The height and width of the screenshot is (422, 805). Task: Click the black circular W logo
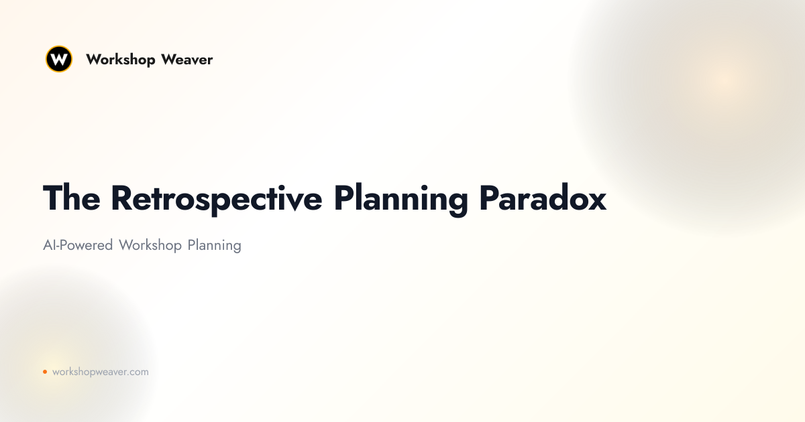coord(59,59)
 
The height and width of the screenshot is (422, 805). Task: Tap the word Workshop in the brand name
coord(120,60)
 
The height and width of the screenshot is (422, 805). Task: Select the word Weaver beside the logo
coord(187,60)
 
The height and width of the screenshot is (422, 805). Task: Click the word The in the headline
coord(72,198)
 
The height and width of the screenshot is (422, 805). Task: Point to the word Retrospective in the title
coord(217,200)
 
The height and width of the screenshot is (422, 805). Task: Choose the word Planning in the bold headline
coord(400,200)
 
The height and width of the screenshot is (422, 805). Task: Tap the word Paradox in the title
coord(543,198)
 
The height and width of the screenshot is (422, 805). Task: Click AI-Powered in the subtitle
coord(78,246)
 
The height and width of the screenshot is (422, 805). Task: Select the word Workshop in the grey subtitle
coord(150,246)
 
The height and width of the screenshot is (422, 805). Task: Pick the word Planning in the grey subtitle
coord(215,246)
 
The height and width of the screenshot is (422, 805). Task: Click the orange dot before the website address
coord(45,372)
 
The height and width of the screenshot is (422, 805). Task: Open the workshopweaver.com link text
coord(100,372)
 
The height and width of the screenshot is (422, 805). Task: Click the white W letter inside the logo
coord(59,59)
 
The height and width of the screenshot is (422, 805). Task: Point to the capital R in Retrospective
coord(122,198)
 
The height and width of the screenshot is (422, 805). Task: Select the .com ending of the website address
coord(138,372)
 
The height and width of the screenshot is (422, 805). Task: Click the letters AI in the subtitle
coord(50,245)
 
